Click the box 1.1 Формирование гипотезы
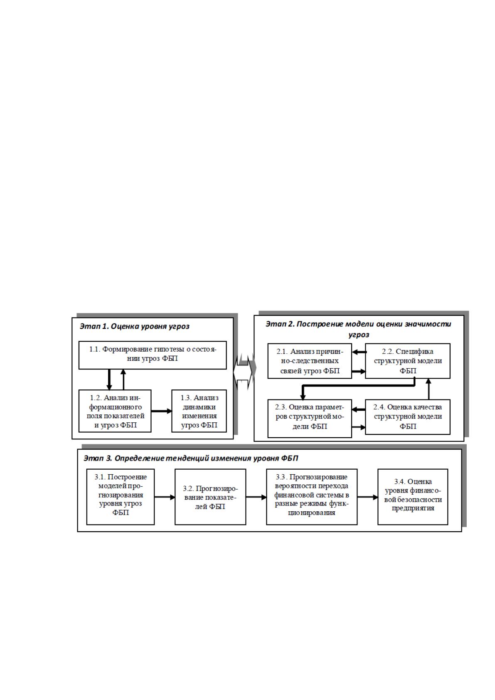(153, 355)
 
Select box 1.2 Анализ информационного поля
(115, 411)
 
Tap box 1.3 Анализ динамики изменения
(199, 411)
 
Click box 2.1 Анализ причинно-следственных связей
(310, 361)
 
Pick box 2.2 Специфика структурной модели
(408, 361)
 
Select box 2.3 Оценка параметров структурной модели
(310, 419)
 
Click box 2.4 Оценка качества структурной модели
(408, 417)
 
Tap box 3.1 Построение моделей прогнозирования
(121, 497)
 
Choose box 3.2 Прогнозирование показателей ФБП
(210, 497)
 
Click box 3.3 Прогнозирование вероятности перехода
(312, 497)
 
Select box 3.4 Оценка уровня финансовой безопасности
(413, 497)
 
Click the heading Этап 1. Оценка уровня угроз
(135, 327)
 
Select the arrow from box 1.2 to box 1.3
(162, 411)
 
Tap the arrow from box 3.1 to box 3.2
(165, 497)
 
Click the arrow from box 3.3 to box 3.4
(367, 497)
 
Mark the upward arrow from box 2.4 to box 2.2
(429, 389)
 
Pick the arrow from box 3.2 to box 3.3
(256, 497)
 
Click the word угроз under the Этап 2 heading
(359, 335)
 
